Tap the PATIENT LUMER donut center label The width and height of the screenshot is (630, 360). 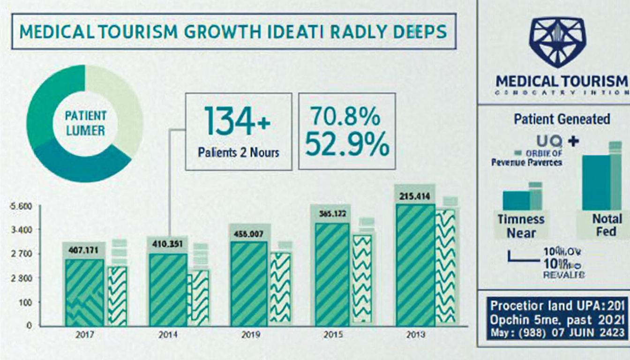point(86,123)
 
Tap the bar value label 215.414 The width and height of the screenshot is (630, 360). point(414,196)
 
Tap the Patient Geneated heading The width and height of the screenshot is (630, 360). point(562,119)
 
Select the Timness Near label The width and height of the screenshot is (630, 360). point(521,226)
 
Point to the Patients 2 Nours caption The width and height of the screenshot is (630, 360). point(239,153)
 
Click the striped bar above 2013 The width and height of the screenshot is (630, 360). point(415,265)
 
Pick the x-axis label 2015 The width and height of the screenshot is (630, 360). point(333,335)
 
